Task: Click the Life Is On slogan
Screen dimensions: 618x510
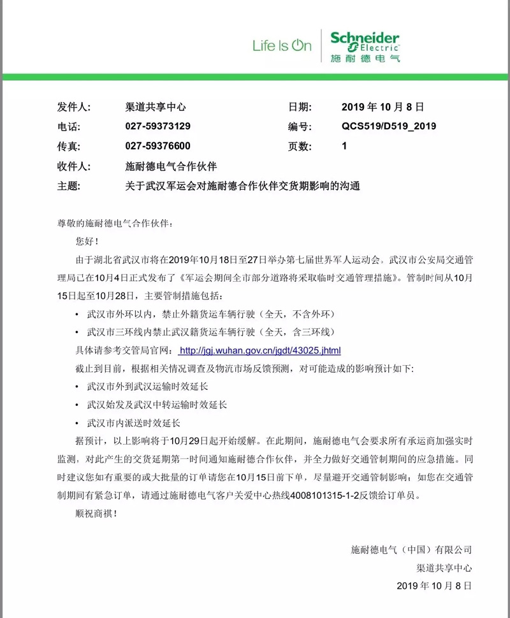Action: (282, 46)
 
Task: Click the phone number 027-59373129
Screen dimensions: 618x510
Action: (157, 126)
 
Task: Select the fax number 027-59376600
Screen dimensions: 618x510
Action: (157, 146)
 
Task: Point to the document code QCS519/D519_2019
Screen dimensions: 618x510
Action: (389, 126)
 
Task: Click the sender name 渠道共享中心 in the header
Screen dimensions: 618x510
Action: (156, 107)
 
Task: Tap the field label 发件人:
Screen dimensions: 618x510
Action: (75, 107)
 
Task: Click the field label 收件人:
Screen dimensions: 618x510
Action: (75, 166)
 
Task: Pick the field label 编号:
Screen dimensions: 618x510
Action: (300, 126)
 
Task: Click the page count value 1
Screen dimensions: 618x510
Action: (344, 146)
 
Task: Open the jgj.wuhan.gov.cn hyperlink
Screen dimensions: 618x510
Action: (261, 350)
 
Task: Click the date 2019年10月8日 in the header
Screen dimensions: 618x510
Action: (382, 107)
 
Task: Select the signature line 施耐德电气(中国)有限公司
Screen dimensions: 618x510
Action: (411, 549)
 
